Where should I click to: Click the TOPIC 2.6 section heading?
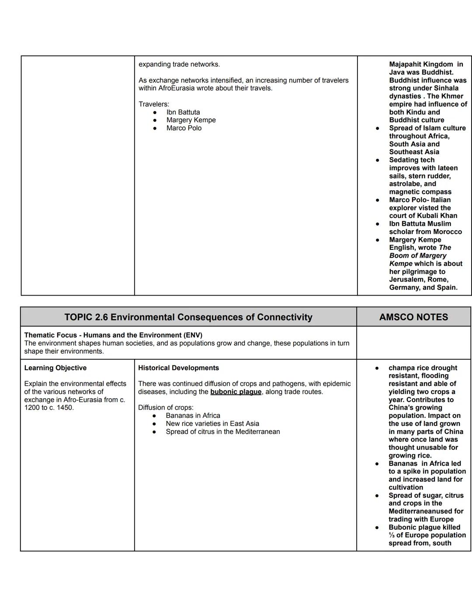tap(188, 317)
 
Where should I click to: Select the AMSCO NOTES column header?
tap(413, 317)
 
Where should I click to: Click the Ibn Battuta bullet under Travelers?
tap(183, 112)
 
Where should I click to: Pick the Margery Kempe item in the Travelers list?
tap(191, 120)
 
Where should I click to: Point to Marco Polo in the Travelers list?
tap(184, 128)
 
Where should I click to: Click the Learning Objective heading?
tap(56, 368)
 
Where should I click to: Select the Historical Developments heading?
tap(178, 368)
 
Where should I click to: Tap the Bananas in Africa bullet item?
tap(193, 416)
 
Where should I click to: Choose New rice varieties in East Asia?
tap(212, 424)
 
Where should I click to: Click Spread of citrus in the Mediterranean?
tap(222, 431)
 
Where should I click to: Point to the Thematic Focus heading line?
tap(113, 335)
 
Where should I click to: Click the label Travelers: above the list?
tap(154, 104)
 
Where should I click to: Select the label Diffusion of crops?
tap(166, 408)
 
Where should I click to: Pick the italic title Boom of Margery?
tap(418, 255)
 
